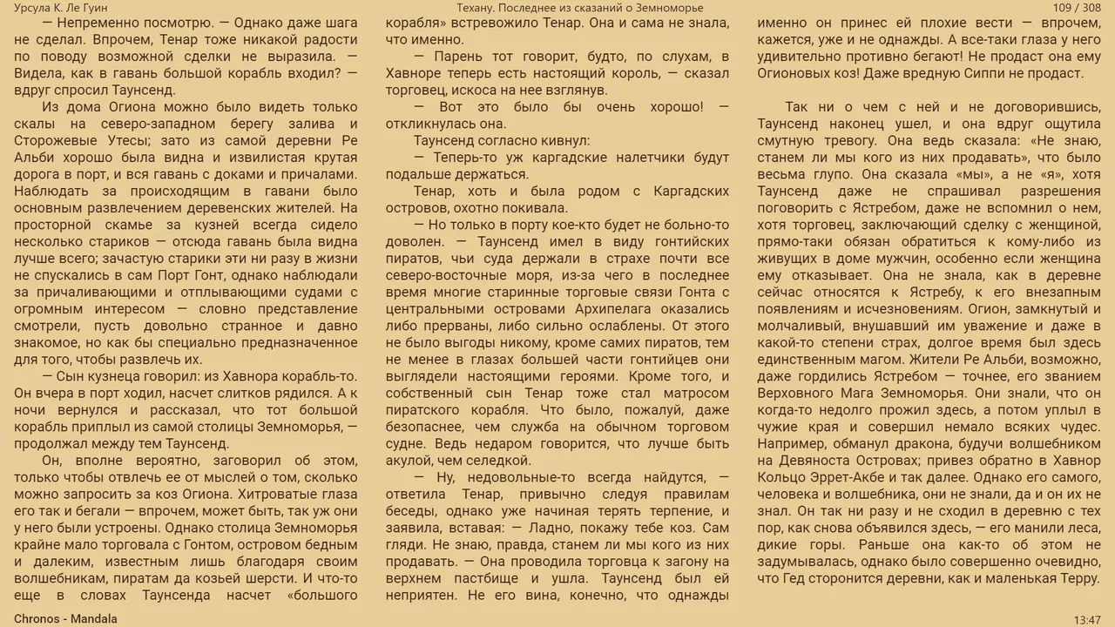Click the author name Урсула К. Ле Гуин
(x=61, y=8)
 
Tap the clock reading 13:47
(x=1087, y=619)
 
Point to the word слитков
(x=224, y=394)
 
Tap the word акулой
(x=409, y=461)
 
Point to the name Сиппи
(x=983, y=74)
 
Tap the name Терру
(x=1081, y=578)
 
